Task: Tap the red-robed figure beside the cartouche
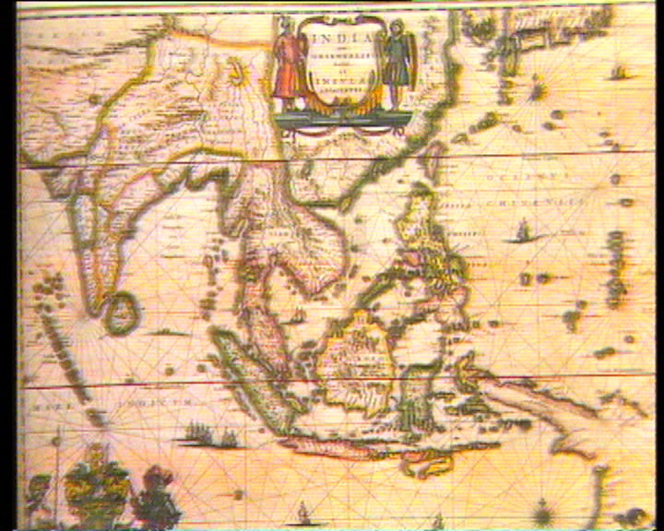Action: (288, 57)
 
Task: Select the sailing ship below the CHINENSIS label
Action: (521, 230)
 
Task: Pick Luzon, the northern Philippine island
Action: (420, 226)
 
